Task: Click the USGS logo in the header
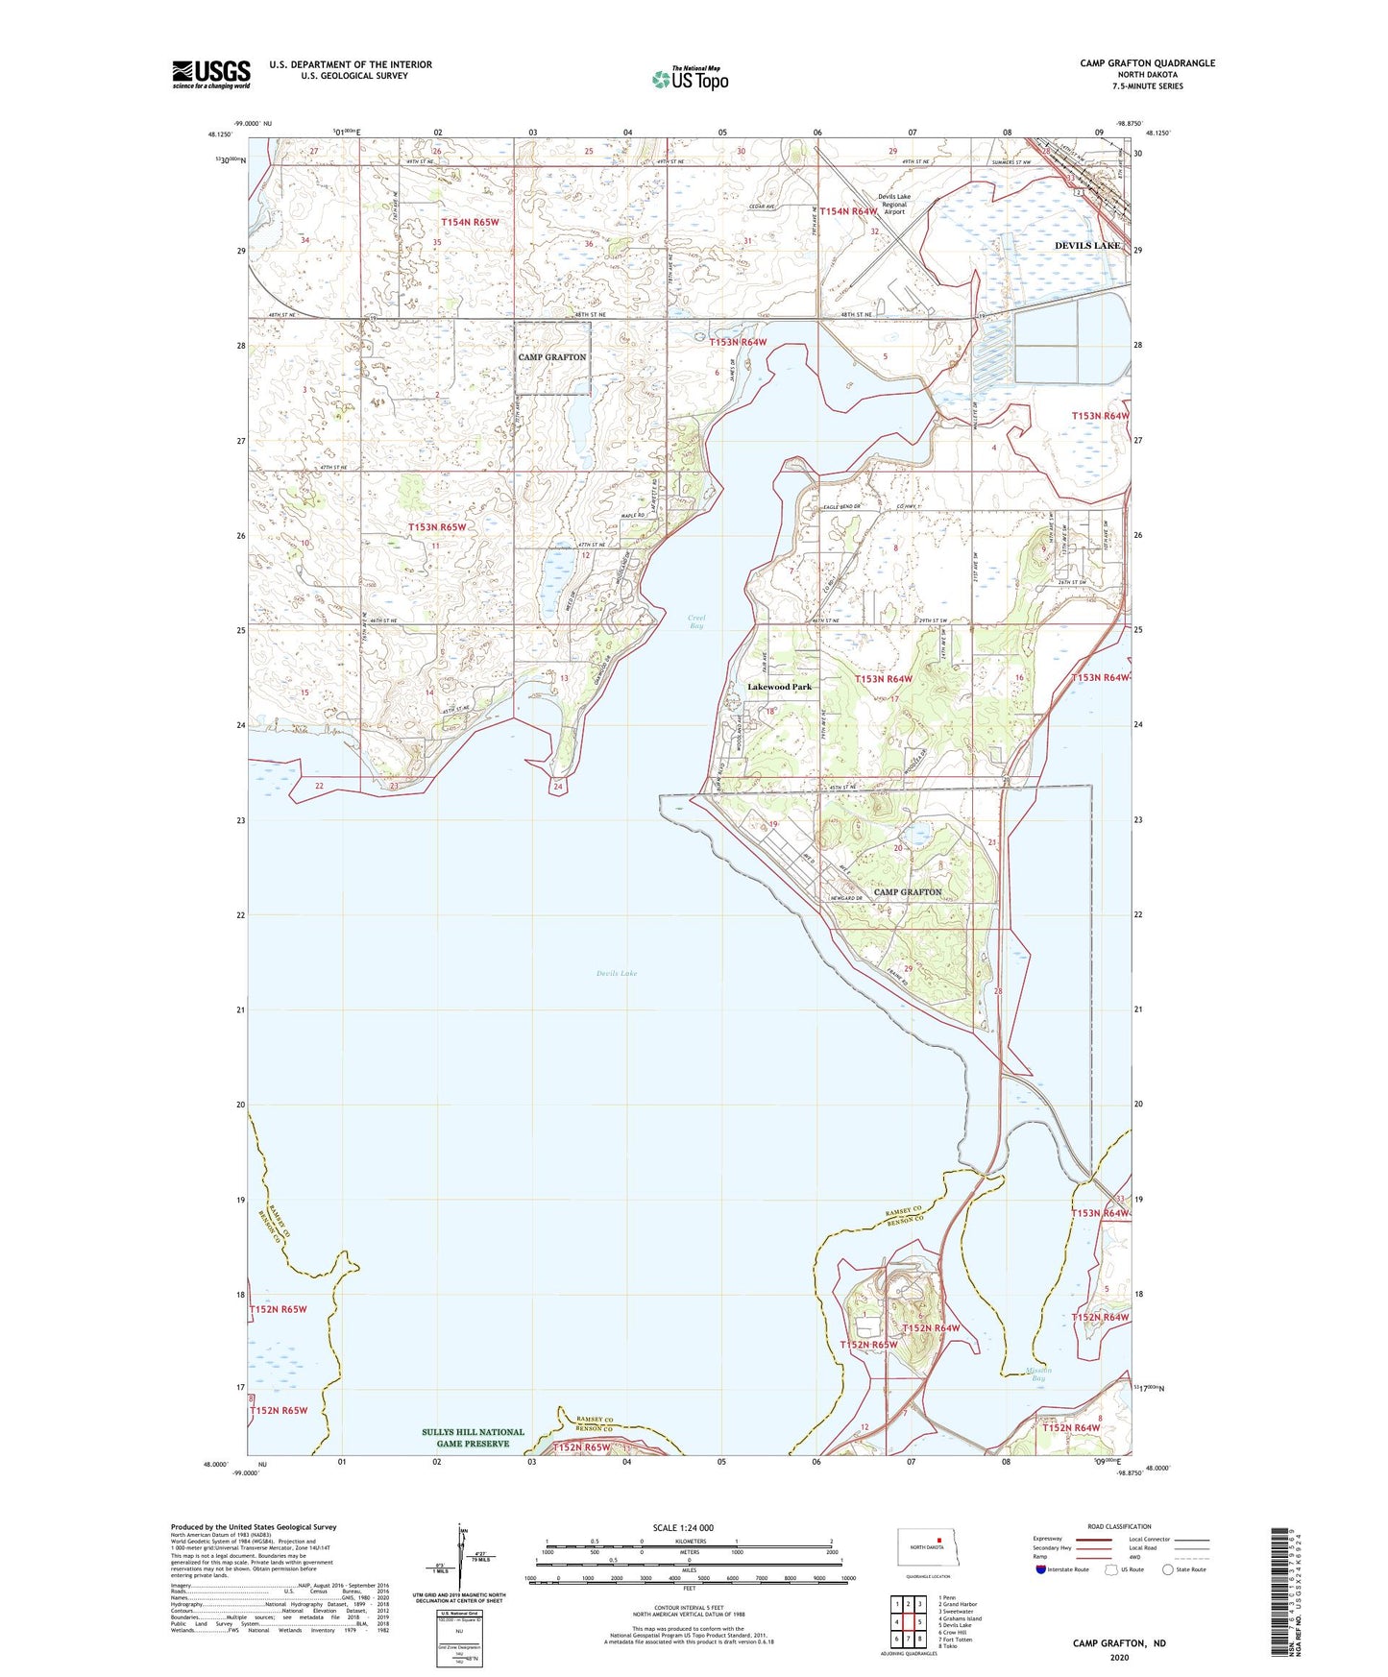(210, 74)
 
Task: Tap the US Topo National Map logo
(690, 79)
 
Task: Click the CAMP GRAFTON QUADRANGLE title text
(1147, 63)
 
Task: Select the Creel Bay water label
(696, 621)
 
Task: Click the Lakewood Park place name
(779, 687)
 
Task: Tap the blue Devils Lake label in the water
(616, 973)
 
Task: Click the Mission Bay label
(1037, 1374)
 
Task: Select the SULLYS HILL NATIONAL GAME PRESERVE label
(473, 1438)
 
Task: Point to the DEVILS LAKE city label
(1086, 246)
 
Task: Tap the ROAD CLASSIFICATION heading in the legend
(1119, 1526)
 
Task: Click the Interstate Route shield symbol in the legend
(1040, 1570)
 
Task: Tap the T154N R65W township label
(470, 222)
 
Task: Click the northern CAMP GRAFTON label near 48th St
(551, 357)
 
